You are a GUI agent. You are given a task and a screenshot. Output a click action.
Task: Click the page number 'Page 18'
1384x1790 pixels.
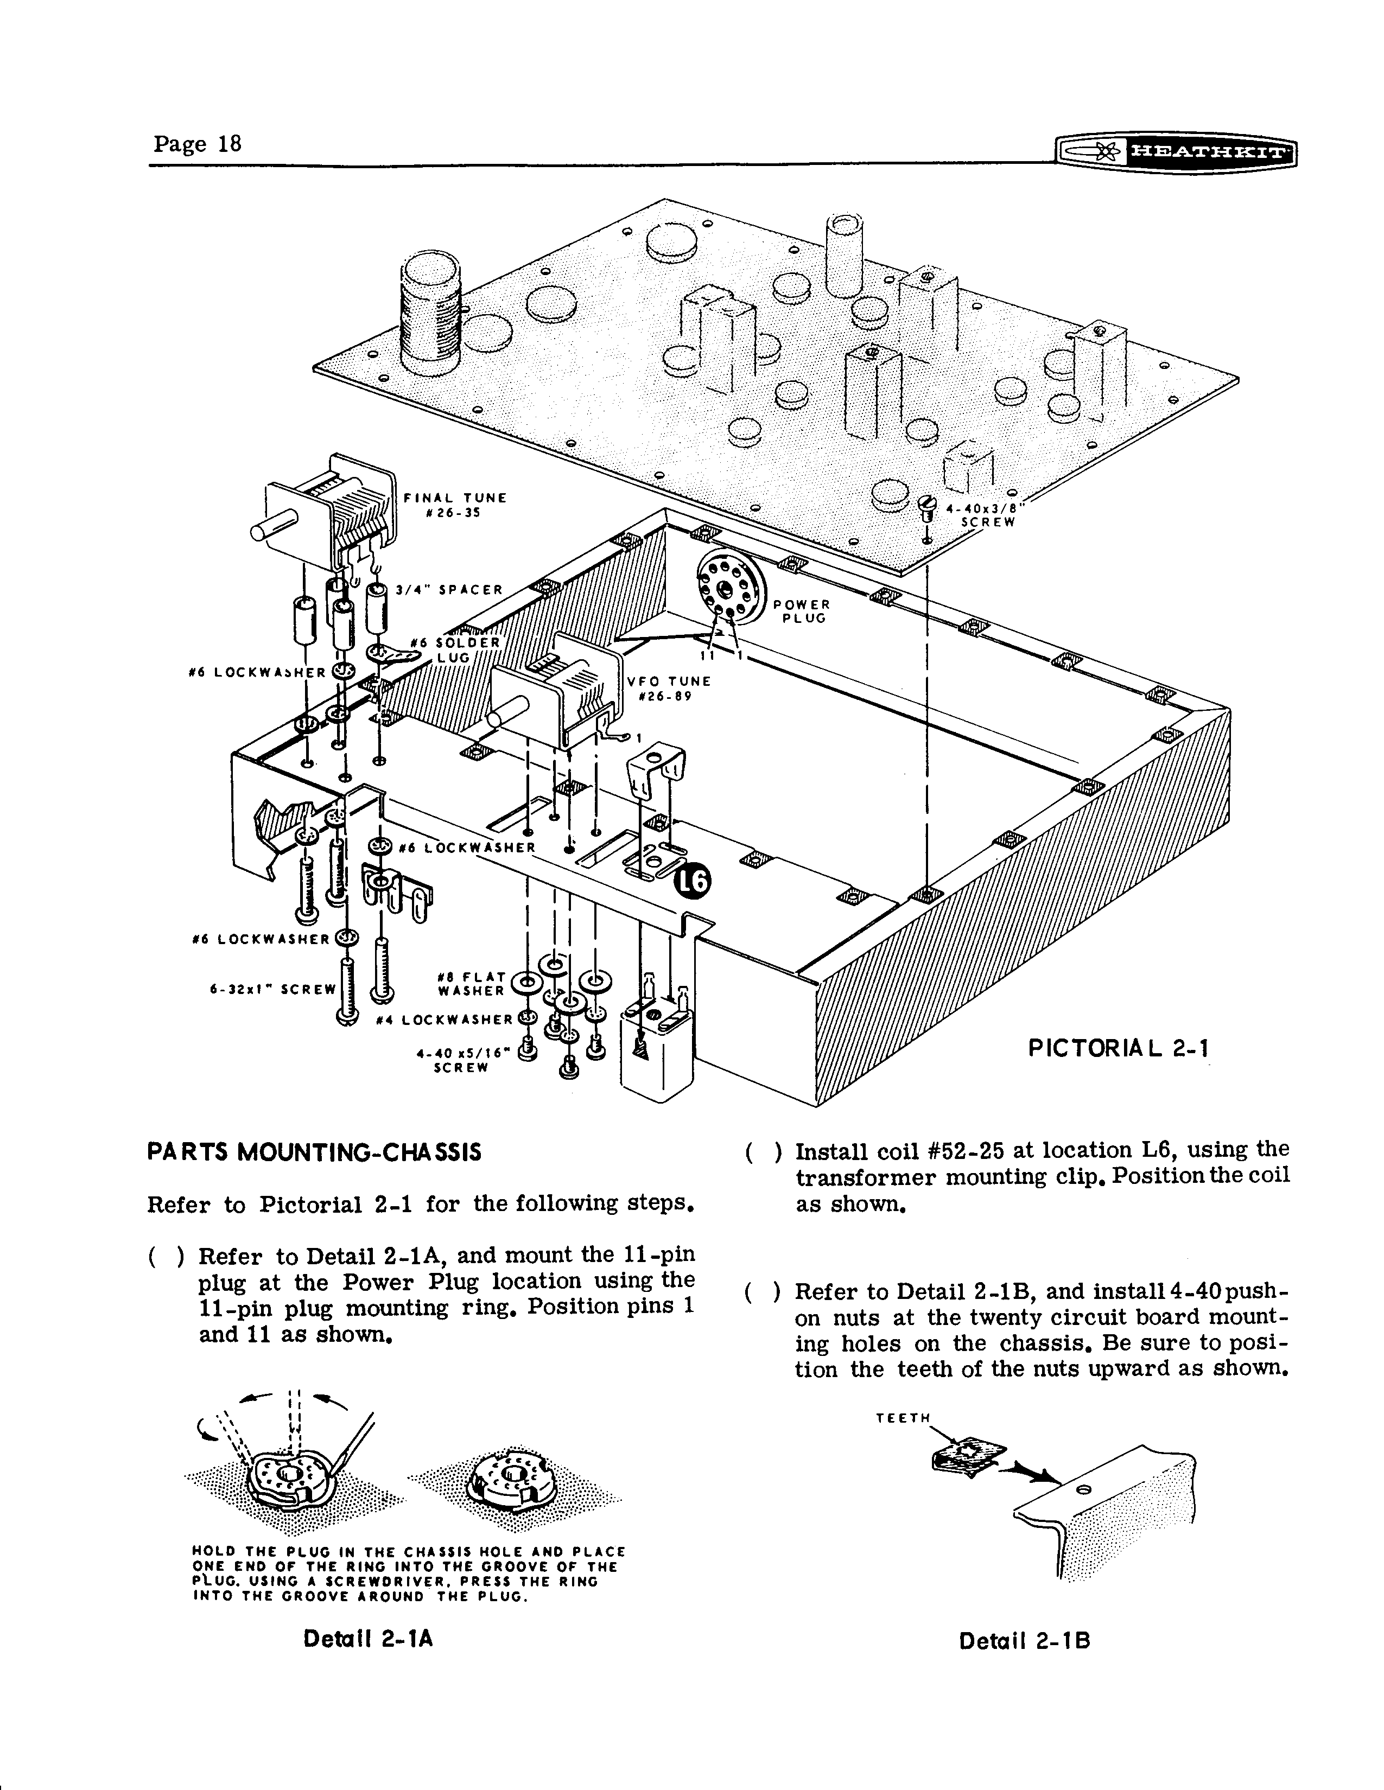(197, 144)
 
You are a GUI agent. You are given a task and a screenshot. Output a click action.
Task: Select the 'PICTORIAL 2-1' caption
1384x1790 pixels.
(1119, 1048)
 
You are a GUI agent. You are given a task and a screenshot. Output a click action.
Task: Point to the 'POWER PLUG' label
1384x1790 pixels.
(802, 611)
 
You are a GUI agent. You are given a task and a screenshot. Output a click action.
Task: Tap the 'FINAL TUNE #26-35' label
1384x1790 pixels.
(455, 505)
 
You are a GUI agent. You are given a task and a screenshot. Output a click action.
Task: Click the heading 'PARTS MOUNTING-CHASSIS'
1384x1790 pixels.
(314, 1152)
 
